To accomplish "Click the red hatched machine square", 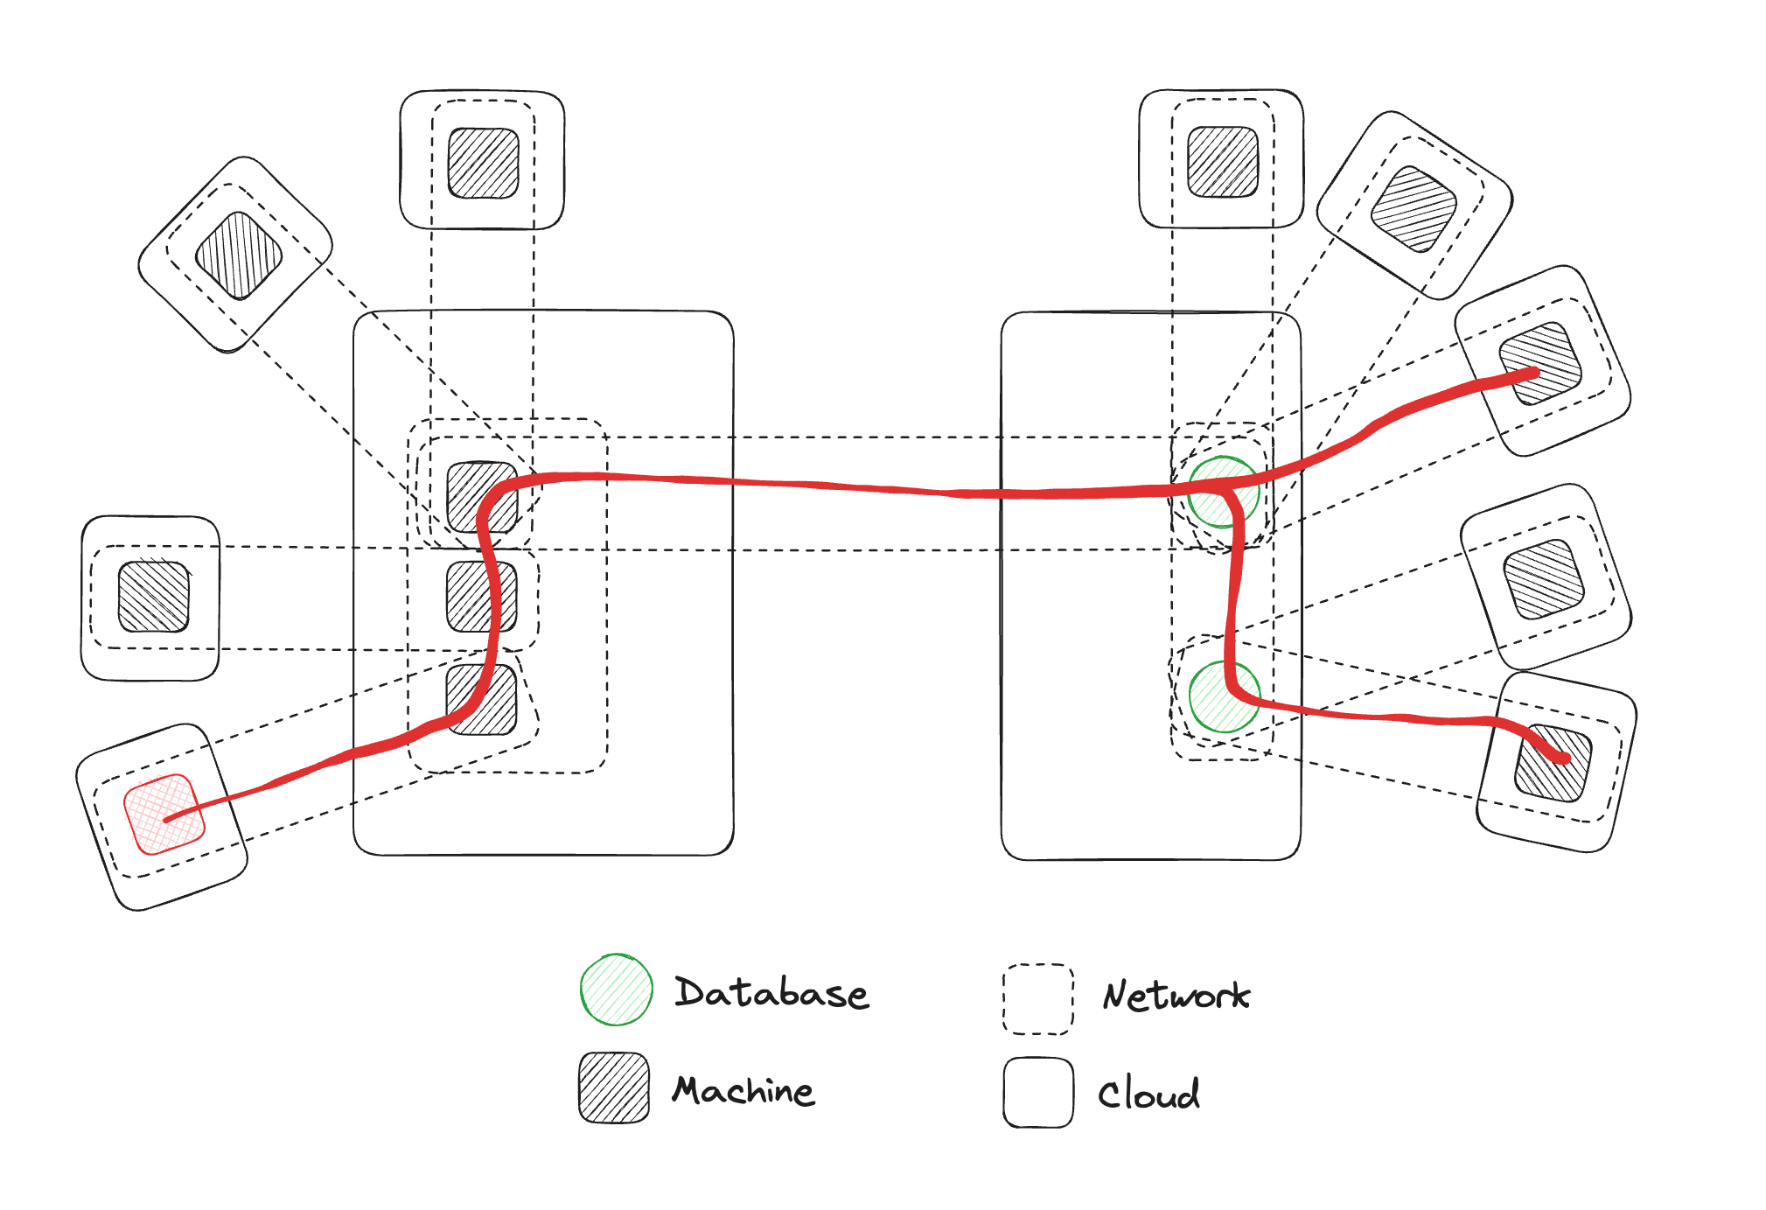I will (164, 814).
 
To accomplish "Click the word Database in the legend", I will (771, 993).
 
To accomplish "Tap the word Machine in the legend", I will (743, 1091).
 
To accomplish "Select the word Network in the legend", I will (1176, 996).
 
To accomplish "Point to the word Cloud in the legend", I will (1148, 1094).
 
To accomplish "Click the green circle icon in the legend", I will (617, 990).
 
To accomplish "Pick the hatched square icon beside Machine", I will (614, 1088).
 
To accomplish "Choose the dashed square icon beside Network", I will (1038, 999).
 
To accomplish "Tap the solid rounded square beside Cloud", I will (1038, 1093).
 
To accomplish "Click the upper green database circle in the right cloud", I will (1224, 492).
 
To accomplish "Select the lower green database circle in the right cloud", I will (1225, 696).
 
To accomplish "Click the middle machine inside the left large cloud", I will (482, 597).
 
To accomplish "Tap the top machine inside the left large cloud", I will (482, 497).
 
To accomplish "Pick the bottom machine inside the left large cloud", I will (482, 700).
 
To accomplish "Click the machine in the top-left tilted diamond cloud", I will (239, 255).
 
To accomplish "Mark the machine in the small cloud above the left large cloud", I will (484, 164).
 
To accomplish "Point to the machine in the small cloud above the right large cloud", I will (1223, 162).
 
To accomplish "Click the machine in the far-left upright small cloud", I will (154, 597).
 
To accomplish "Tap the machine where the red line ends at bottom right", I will (1553, 763).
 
